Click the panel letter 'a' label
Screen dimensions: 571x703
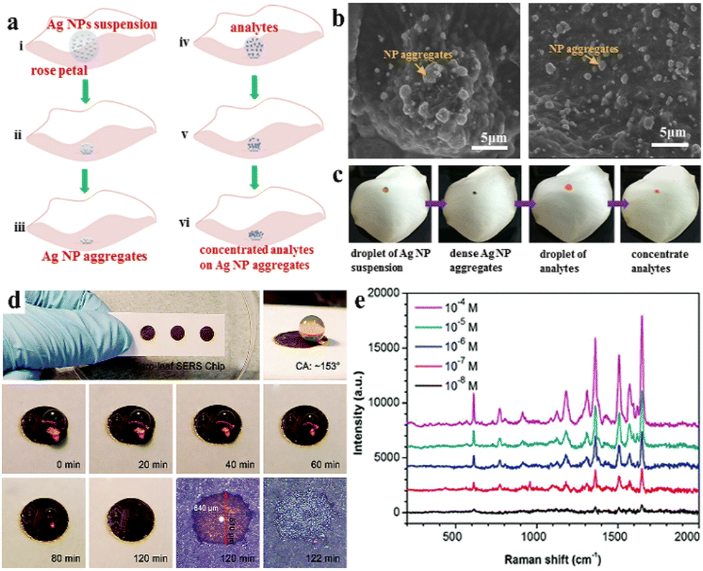pyautogui.click(x=12, y=21)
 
